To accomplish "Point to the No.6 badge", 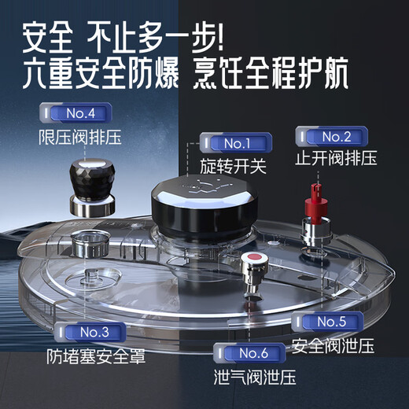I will [x=249, y=352].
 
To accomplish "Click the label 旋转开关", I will [x=233, y=168].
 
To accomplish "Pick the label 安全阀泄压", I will [x=333, y=345].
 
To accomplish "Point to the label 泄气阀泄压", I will [x=254, y=376].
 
